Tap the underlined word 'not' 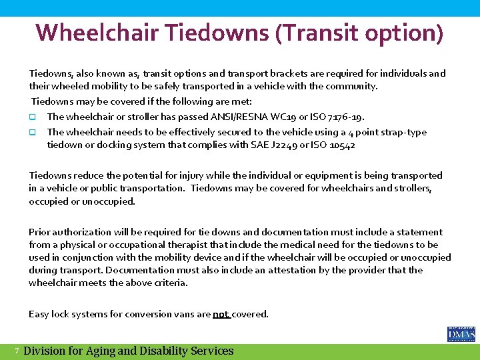tap(220, 314)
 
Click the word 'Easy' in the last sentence tap(39, 314)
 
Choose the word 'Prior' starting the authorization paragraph tap(40, 232)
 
